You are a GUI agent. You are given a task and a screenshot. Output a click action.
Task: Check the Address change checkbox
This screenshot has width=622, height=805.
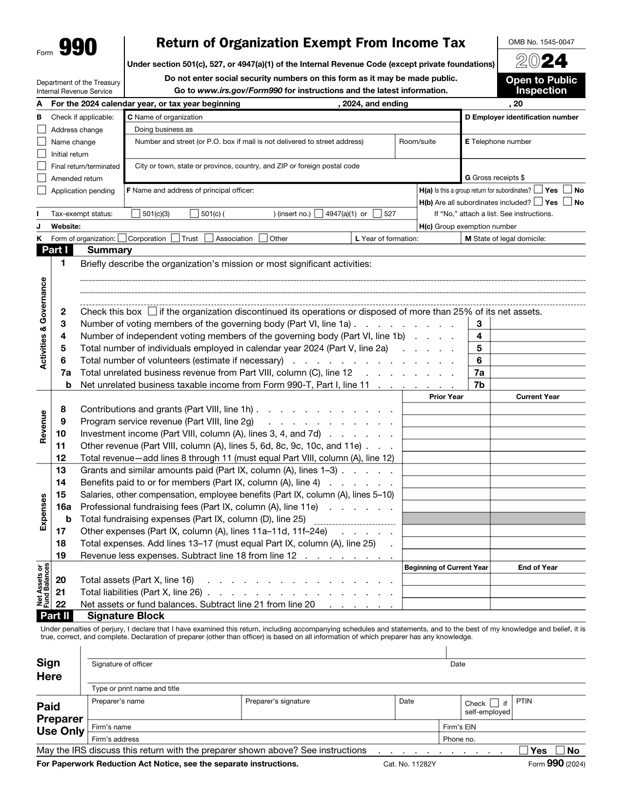click(x=42, y=129)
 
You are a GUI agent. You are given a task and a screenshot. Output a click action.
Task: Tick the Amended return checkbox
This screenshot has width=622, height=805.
click(x=42, y=178)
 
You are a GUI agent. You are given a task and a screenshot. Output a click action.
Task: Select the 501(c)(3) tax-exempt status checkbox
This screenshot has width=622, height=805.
click(x=136, y=213)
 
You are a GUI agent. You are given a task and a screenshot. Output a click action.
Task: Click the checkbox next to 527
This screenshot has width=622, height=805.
click(x=377, y=213)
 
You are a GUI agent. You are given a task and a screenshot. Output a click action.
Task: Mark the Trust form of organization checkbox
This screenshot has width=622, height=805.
click(x=176, y=238)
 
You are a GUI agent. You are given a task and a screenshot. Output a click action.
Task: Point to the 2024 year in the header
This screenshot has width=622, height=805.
click(x=542, y=61)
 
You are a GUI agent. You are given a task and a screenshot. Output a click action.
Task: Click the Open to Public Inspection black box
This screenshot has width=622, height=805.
click(x=541, y=85)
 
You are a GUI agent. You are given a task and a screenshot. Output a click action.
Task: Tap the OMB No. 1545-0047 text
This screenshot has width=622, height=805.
click(x=541, y=42)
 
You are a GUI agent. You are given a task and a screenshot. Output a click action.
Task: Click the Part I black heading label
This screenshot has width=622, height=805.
click(x=55, y=250)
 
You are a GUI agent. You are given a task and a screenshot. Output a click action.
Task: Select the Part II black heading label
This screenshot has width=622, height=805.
click(x=55, y=616)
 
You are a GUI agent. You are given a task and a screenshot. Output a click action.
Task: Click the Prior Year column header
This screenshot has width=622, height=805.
click(x=446, y=397)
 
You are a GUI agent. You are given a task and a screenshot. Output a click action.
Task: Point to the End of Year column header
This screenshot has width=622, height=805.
click(x=537, y=567)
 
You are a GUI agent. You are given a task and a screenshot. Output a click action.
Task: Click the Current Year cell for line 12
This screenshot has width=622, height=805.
click(x=537, y=458)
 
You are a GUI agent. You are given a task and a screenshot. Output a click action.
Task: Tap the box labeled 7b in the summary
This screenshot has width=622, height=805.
click(x=479, y=384)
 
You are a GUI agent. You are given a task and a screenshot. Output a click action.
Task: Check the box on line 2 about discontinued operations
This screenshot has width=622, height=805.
click(x=152, y=311)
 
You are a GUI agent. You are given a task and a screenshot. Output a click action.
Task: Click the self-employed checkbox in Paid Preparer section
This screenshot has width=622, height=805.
click(x=494, y=703)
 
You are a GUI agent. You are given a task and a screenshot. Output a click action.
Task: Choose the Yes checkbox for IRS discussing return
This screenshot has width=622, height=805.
click(x=523, y=750)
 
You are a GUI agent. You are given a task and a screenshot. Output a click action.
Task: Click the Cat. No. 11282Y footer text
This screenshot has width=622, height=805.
click(x=409, y=764)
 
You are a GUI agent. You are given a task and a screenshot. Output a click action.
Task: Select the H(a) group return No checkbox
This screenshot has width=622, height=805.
click(x=568, y=189)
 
